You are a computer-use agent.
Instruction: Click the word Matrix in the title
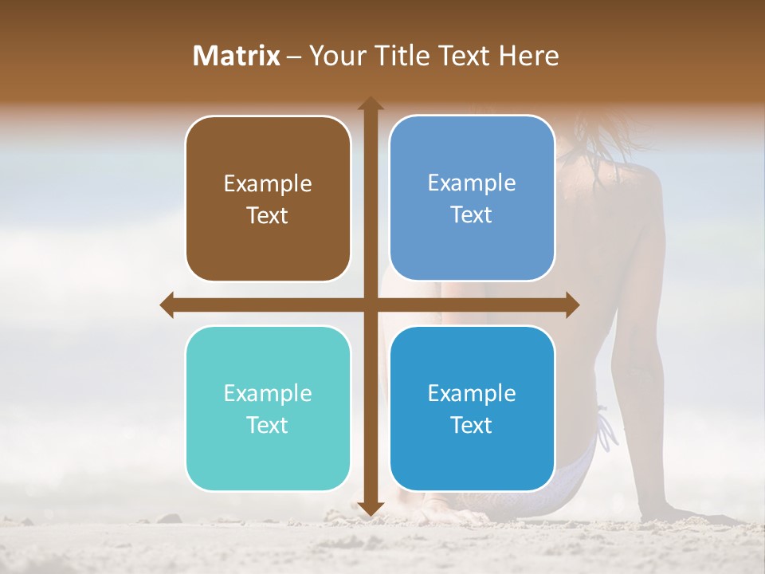237,56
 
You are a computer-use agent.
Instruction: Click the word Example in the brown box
268,184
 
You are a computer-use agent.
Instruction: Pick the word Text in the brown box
268,216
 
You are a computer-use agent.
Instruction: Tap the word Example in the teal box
268,394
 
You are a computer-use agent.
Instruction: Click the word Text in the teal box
268,426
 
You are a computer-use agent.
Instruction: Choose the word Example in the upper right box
472,183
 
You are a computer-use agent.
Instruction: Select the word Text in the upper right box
472,215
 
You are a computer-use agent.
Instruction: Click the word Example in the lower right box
472,394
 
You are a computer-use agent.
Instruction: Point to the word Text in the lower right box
472,426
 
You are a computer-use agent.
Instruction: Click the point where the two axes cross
370,305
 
